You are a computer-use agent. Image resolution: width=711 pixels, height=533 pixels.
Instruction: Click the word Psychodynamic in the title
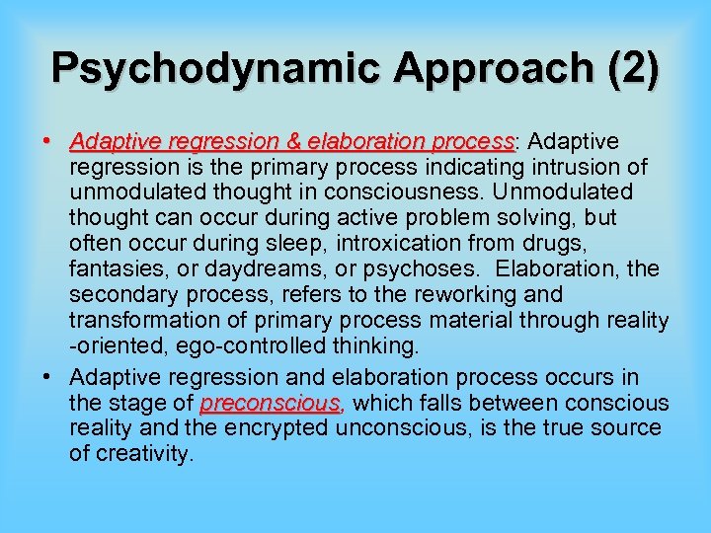pos(201,68)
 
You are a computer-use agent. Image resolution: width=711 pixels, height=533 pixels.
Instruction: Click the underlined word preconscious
pos(271,404)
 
